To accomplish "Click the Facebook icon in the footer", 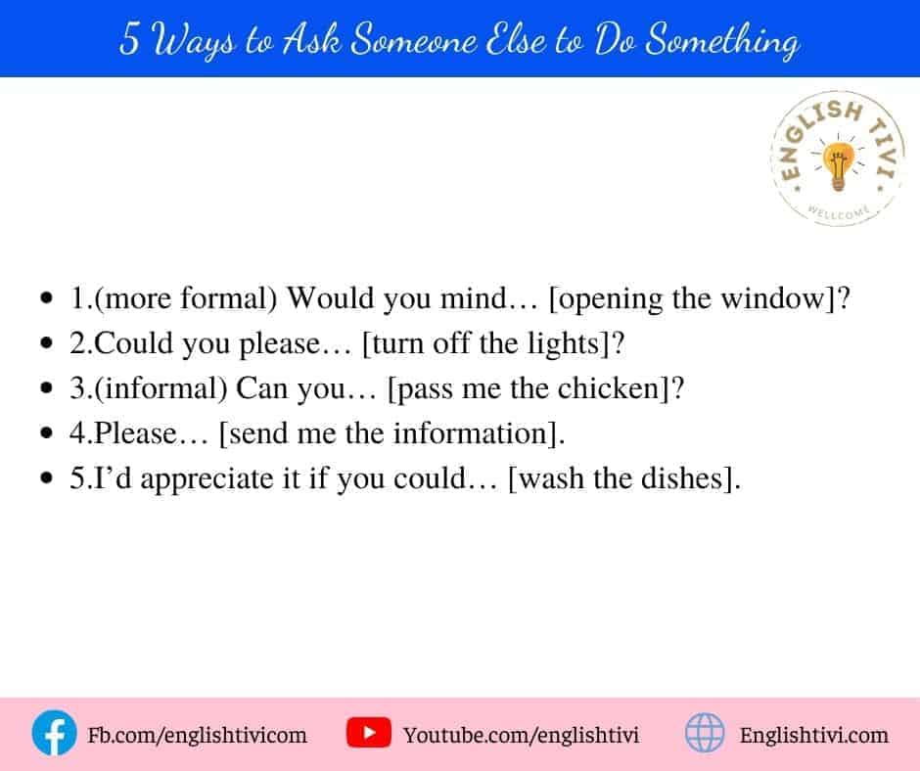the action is [x=54, y=733].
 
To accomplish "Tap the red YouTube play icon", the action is [x=368, y=732].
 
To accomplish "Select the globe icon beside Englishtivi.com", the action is [x=705, y=733].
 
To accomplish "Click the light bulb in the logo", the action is [x=839, y=165].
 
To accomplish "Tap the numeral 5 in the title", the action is [x=129, y=39].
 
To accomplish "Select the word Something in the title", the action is [x=722, y=41].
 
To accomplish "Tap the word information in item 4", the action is [x=470, y=433].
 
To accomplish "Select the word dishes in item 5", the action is [x=682, y=478].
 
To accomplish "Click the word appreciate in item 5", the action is [x=207, y=478].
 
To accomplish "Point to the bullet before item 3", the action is [x=47, y=387].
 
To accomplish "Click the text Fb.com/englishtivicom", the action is [x=197, y=735].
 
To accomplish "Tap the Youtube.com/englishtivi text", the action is [x=521, y=735].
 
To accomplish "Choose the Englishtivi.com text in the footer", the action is [x=813, y=735].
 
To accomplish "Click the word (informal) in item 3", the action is [x=161, y=388].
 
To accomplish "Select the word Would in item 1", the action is [x=330, y=298].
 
